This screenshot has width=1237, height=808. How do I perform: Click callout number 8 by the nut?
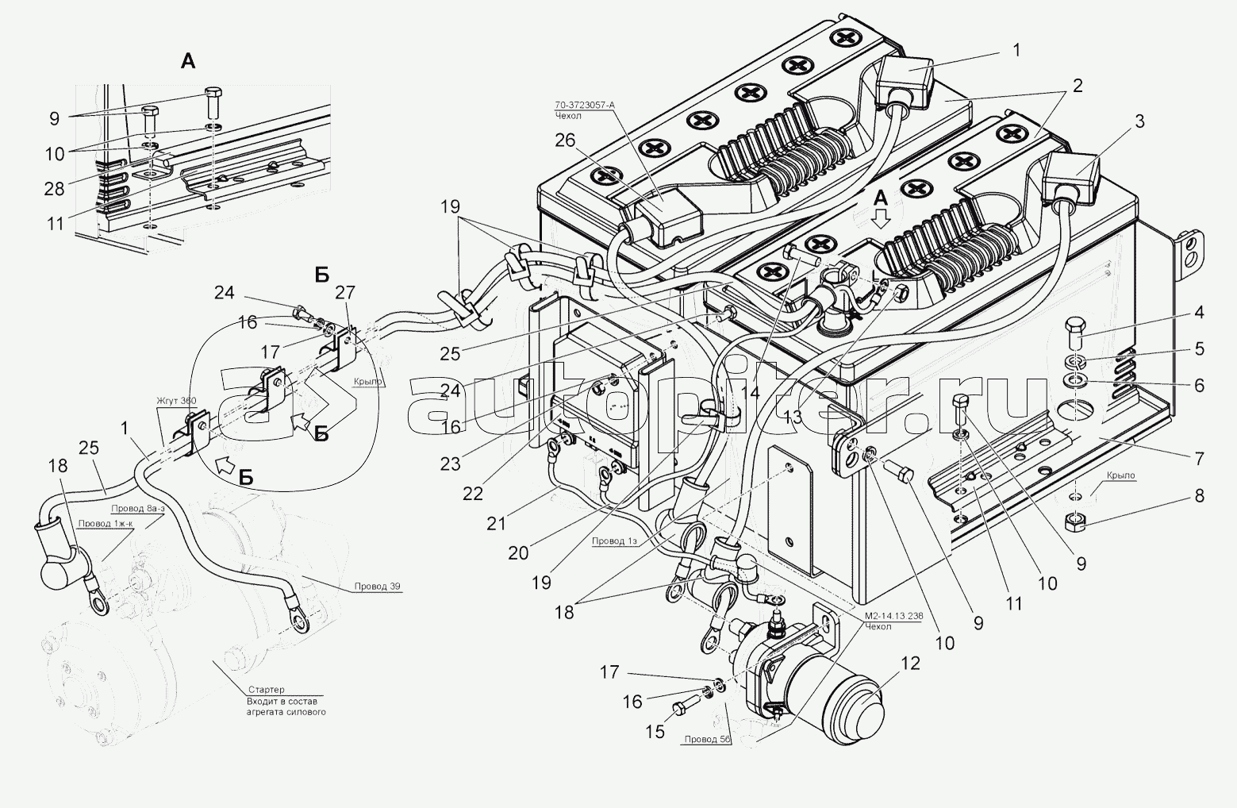click(x=1198, y=496)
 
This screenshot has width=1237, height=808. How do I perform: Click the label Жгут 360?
click(x=175, y=401)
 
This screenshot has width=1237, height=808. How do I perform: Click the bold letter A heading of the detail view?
click(x=187, y=61)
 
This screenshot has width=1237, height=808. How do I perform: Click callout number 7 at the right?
click(x=1198, y=458)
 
